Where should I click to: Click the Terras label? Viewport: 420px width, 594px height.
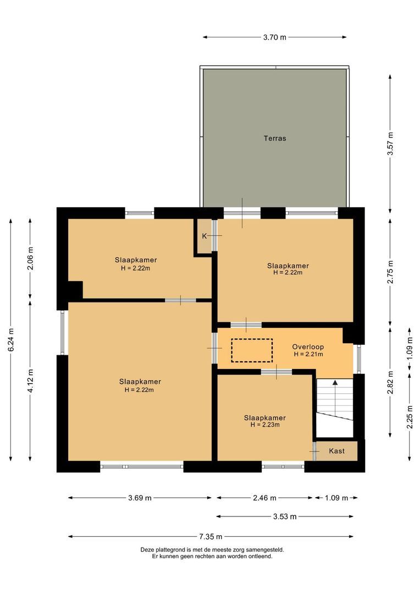[274, 139]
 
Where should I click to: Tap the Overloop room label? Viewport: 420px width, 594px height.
[308, 347]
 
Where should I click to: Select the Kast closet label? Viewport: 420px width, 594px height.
[336, 451]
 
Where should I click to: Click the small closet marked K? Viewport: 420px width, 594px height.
[204, 236]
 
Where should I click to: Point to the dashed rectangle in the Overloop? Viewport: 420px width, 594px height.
[252, 350]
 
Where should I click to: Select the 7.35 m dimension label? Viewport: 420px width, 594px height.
[211, 537]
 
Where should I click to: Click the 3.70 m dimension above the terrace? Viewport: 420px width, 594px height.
[274, 37]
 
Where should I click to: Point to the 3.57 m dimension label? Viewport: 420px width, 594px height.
[390, 144]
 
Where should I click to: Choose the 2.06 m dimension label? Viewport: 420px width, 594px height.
[30, 257]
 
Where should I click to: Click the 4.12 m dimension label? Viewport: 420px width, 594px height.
[30, 381]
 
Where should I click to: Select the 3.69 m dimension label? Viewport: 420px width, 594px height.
[139, 498]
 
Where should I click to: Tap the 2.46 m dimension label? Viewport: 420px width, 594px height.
[264, 498]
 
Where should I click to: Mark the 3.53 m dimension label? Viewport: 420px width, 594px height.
[285, 516]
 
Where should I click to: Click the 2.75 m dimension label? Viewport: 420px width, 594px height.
[390, 272]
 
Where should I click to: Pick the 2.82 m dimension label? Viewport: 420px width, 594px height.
[390, 383]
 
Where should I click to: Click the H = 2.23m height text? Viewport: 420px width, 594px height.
[265, 425]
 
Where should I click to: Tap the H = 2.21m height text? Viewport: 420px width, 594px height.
[308, 355]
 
